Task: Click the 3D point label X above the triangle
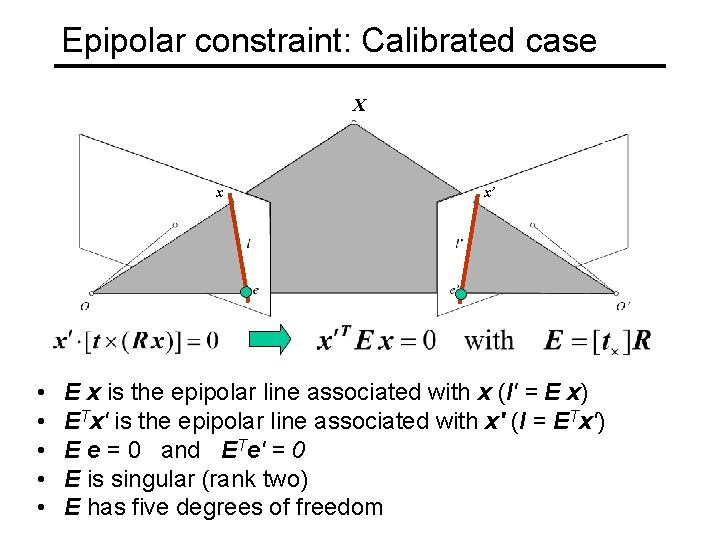click(x=359, y=105)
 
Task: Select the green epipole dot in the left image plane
click(x=245, y=292)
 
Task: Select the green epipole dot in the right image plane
click(x=461, y=292)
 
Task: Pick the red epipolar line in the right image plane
click(x=469, y=245)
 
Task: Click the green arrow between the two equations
click(x=270, y=340)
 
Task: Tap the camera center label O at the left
click(x=85, y=306)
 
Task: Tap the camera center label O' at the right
click(x=623, y=306)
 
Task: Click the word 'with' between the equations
click(x=489, y=340)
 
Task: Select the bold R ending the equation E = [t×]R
click(x=641, y=341)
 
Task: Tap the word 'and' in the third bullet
click(x=180, y=450)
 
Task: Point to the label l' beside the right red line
click(x=458, y=243)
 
